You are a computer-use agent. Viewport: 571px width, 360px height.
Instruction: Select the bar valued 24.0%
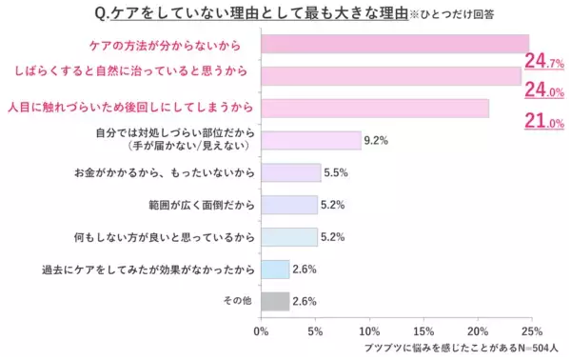[x=390, y=75]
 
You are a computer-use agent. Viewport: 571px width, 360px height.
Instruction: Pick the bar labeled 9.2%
[x=309, y=140]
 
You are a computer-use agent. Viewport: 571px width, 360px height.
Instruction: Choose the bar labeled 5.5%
[x=290, y=172]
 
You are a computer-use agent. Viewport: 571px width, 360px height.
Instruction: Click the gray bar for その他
[x=275, y=301]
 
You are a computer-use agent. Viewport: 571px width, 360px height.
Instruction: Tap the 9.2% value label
[x=376, y=141]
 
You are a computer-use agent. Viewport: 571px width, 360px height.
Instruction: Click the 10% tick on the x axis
[x=369, y=331]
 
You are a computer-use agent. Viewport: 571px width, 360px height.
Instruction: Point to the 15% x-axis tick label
[x=423, y=331]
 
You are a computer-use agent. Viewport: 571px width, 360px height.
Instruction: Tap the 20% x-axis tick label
[x=478, y=331]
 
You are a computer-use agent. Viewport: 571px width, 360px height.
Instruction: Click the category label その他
[x=236, y=301]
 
